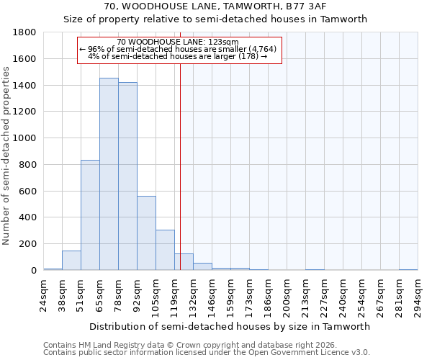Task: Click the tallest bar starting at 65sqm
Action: click(109, 174)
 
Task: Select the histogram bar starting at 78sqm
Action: click(127, 176)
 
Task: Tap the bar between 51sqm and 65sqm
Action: click(90, 215)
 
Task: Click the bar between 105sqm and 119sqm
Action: click(165, 250)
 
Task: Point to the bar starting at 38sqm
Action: click(71, 261)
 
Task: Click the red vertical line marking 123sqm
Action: click(180, 166)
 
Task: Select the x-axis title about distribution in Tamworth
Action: click(230, 326)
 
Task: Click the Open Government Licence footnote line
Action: click(207, 352)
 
